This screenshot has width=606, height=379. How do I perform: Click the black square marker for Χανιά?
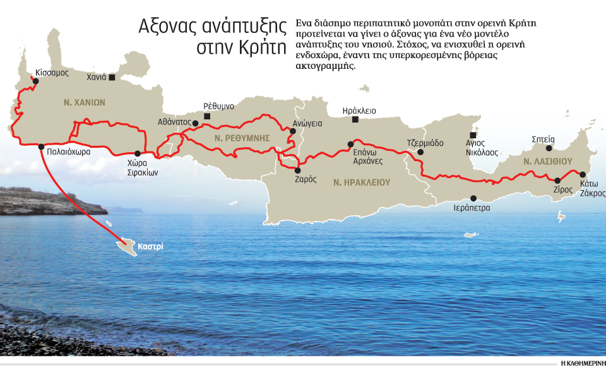tap(112, 78)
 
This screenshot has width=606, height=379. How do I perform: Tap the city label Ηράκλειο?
tap(359, 111)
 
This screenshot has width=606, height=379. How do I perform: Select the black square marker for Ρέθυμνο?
tap(208, 116)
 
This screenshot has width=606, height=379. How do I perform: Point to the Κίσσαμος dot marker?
tap(36, 81)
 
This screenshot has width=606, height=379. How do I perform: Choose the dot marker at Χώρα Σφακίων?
tap(138, 153)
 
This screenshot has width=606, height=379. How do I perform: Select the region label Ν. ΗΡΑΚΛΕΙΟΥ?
tap(362, 182)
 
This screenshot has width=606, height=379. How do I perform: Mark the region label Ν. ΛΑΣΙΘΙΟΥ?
tap(547, 162)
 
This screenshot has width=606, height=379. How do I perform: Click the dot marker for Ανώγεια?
tap(292, 131)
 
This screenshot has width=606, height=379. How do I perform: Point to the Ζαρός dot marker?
tap(297, 170)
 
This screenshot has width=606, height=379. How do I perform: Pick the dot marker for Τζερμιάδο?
tap(421, 152)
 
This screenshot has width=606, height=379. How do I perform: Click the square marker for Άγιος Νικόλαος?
tap(473, 135)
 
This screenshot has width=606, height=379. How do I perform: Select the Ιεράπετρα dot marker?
tap(473, 198)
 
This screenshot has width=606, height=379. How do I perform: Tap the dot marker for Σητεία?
tap(549, 148)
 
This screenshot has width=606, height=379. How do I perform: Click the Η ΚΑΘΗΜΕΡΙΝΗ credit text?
tap(583, 364)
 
